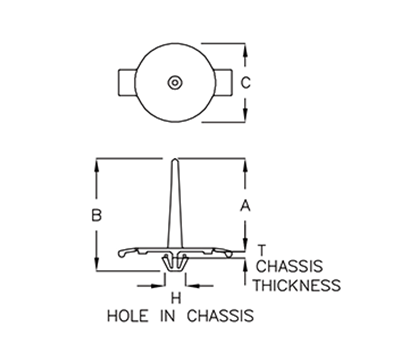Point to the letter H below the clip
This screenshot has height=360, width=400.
pyautogui.click(x=174, y=297)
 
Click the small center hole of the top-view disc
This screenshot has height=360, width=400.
pyautogui.click(x=174, y=82)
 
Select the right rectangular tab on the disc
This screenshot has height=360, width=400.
pyautogui.click(x=226, y=82)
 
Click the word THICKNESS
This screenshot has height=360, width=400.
pyautogui.click(x=297, y=285)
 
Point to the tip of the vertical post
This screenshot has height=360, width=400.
pyautogui.click(x=175, y=161)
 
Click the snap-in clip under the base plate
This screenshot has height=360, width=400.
pyautogui.click(x=175, y=262)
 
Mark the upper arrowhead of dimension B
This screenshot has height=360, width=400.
pyautogui.click(x=97, y=165)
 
